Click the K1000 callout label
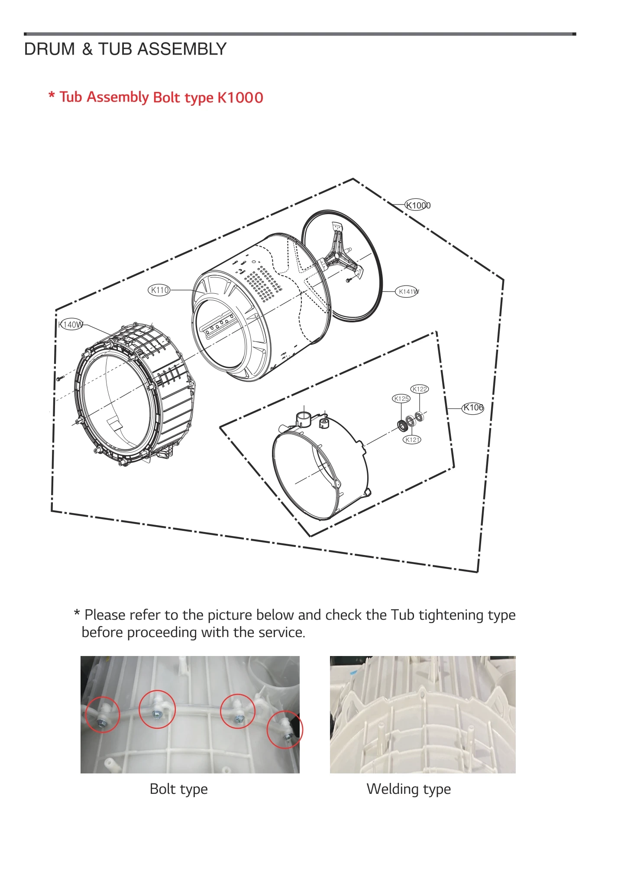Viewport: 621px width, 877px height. click(x=417, y=205)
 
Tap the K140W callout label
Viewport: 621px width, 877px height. click(x=71, y=324)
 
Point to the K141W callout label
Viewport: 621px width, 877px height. click(x=408, y=292)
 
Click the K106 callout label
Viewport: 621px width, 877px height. click(x=472, y=407)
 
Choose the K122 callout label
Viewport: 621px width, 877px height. click(x=419, y=389)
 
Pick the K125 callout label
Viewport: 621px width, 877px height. click(x=401, y=398)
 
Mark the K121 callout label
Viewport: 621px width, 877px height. click(x=412, y=439)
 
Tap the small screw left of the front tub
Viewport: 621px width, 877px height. click(x=60, y=378)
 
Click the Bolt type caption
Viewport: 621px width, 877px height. click(x=178, y=789)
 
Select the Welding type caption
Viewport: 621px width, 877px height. click(x=408, y=789)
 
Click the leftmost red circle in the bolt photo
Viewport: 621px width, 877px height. click(x=102, y=715)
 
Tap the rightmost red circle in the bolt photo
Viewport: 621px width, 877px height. click(x=285, y=729)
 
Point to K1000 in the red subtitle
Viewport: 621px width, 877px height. click(x=240, y=97)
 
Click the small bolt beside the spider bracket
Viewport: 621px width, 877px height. click(x=349, y=280)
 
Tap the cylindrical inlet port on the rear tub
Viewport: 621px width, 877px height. click(x=304, y=419)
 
